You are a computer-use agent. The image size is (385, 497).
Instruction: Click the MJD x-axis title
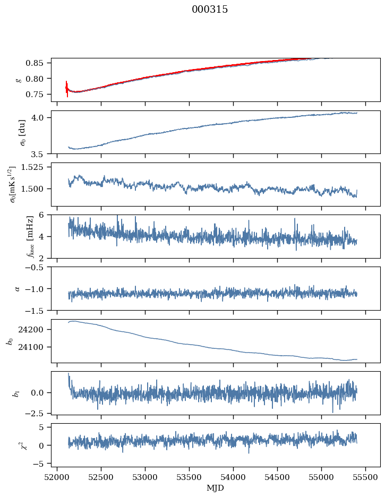click(216, 487)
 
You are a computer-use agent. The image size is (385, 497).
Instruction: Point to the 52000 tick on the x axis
click(58, 476)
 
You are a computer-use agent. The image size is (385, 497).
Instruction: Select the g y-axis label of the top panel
click(19, 80)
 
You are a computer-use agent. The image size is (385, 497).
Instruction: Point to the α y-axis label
click(18, 288)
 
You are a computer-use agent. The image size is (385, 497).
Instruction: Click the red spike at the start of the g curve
click(67, 88)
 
